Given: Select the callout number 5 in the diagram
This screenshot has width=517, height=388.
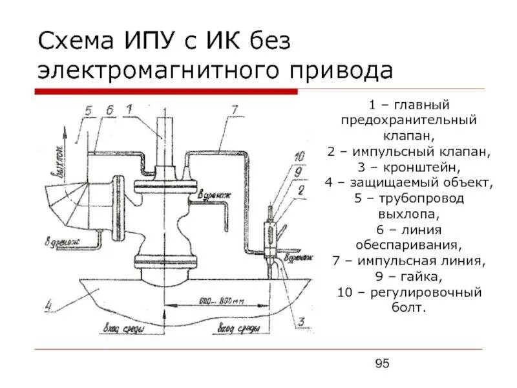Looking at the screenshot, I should click(x=89, y=111).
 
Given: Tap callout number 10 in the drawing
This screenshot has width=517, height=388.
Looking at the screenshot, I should click(x=299, y=156).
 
